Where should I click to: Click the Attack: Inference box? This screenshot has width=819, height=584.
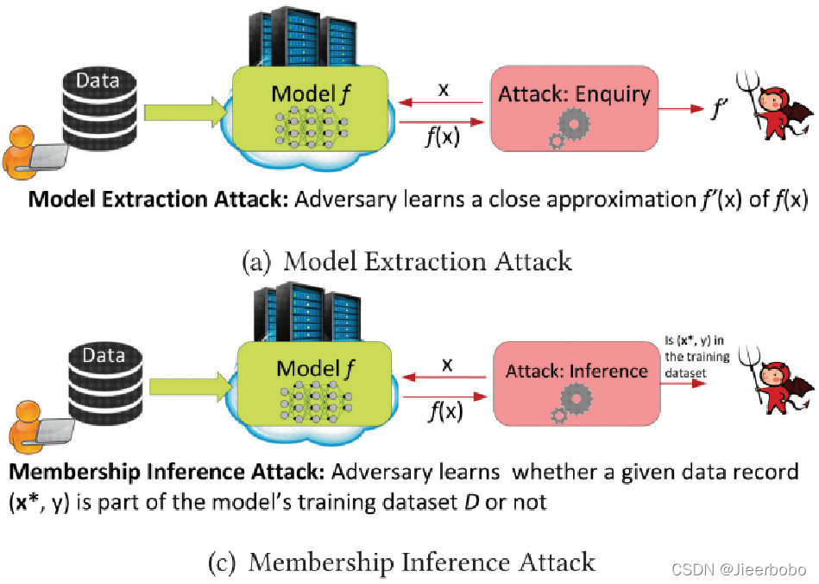[576, 380]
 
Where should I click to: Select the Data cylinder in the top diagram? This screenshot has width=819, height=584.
[98, 113]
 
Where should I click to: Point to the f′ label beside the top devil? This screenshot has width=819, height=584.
[715, 110]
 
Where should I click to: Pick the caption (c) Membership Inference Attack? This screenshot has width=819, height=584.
[402, 562]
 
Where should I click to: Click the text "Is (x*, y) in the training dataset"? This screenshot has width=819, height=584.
[696, 357]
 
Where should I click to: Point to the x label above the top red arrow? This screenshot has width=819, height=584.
[443, 90]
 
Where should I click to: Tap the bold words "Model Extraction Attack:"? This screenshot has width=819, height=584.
[159, 200]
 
